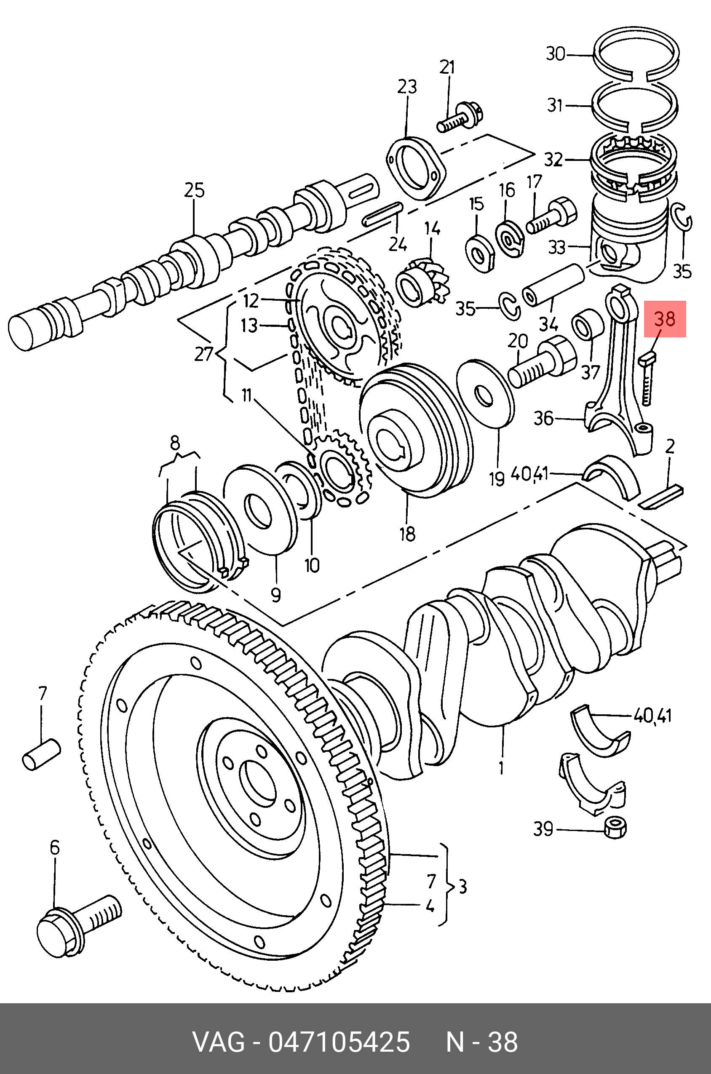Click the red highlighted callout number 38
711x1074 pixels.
point(665,319)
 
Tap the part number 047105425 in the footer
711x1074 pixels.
point(339,1042)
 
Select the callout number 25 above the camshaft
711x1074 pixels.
point(194,190)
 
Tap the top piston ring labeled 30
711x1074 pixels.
point(636,57)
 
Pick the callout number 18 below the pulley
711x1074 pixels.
point(408,534)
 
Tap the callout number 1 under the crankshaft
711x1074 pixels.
point(501,768)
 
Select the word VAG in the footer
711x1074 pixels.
point(219,1042)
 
